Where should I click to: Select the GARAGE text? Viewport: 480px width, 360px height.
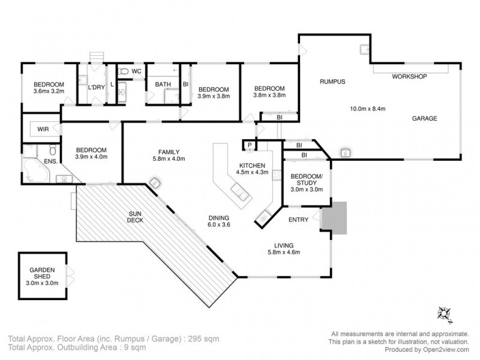click(x=424, y=118)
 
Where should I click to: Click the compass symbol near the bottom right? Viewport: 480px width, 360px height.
click(x=445, y=312)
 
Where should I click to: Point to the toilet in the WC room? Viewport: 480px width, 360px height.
click(x=124, y=71)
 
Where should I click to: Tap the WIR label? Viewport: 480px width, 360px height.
click(x=43, y=130)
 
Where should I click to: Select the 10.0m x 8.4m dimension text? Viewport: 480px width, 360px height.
click(x=367, y=109)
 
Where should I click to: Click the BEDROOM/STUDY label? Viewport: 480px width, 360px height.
click(x=306, y=179)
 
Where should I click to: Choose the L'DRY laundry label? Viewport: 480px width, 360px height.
click(x=97, y=88)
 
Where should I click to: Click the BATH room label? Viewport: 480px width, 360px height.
click(x=163, y=85)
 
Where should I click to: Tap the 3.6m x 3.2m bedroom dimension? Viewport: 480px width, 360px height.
click(x=49, y=92)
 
